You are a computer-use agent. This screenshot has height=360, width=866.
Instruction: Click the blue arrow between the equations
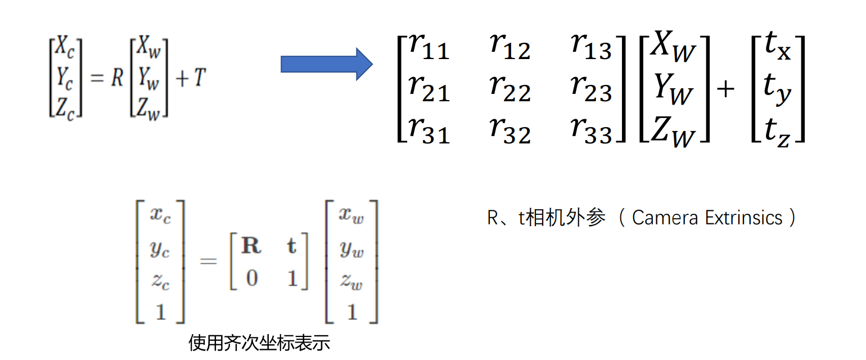(x=326, y=64)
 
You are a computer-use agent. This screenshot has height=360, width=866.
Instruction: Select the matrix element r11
(x=429, y=46)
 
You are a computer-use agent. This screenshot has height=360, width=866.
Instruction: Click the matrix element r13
(x=591, y=46)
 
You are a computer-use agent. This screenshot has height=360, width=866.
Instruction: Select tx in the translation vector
(x=778, y=47)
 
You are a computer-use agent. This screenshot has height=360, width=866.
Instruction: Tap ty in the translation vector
(x=778, y=90)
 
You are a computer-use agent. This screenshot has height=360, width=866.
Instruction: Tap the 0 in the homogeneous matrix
(x=251, y=278)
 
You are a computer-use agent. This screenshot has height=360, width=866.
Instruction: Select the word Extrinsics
(x=743, y=218)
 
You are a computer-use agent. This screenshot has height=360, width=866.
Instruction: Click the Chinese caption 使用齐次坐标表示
(x=259, y=343)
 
